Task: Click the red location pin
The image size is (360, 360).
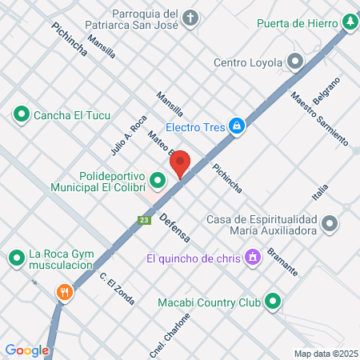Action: coord(180,163)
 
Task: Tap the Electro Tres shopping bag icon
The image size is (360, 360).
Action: coord(237,126)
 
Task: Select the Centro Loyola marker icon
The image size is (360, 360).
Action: coord(296,62)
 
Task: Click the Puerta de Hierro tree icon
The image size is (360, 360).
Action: coord(350,22)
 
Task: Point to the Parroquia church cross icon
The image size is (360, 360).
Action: coord(190,17)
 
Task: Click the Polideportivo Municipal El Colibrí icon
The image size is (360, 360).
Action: coord(157,186)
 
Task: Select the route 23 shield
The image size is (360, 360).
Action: coord(144,220)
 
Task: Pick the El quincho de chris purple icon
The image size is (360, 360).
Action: coord(254,258)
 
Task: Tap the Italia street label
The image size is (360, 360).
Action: coord(320,192)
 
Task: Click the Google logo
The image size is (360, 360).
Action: coord(26,350)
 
